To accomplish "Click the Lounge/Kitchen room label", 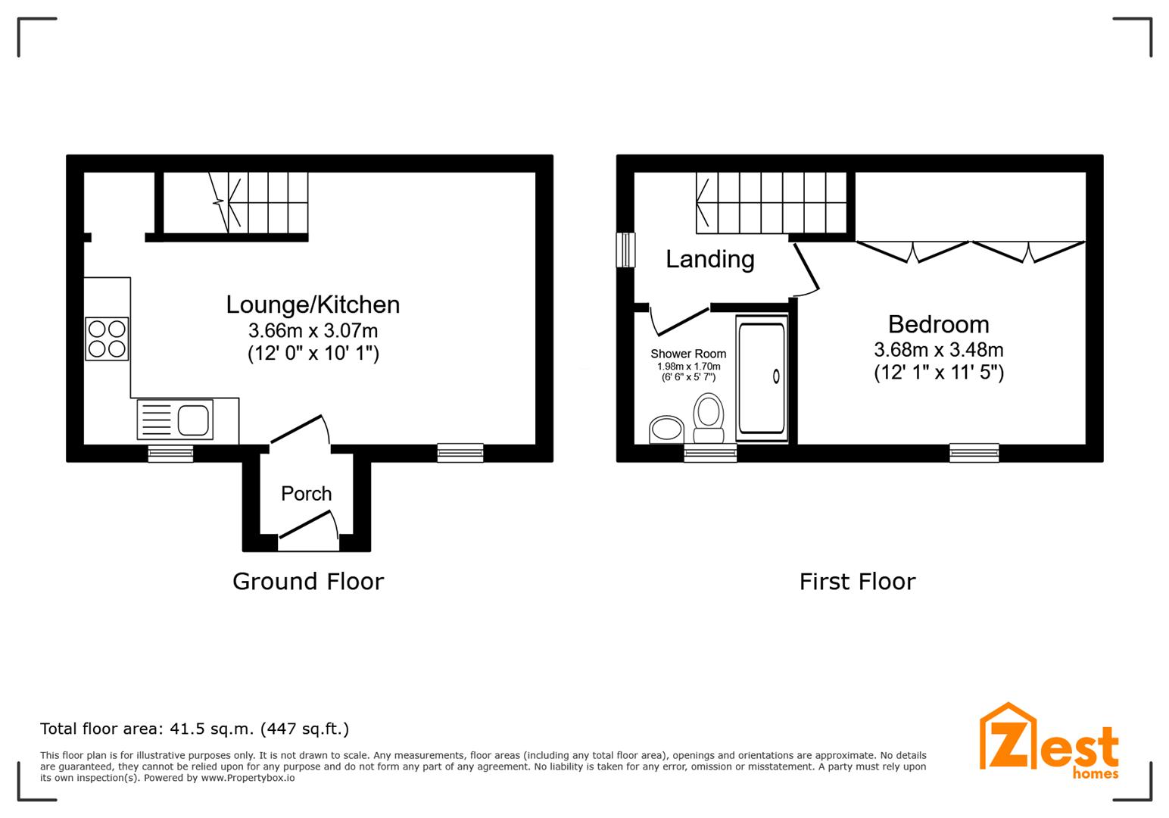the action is pos(313,305).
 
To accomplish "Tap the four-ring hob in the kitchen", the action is pos(107,339).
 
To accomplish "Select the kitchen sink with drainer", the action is pos(175,420).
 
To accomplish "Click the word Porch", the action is pos(307,494).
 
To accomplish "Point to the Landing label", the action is pos(710,260).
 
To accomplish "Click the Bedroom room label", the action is pos(938,324).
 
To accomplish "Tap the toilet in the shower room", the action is pos(709,418).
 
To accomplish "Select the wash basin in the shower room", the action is pos(666,429).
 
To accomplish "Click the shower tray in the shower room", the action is pos(762,379).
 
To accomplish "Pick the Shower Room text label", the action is pos(688,354).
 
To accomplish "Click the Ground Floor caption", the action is pos(308,582).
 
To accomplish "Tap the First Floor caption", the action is pos(857,582).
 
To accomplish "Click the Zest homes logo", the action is pos(1049,742).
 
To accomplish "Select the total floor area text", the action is pos(195,729).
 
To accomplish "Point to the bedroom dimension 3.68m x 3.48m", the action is pos(938,350).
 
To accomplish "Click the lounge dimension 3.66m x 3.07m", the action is pos(313,330).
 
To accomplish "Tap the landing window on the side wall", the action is pos(625,250).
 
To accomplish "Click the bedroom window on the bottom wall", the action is pos(974,453).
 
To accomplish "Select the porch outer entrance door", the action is pos(309,524).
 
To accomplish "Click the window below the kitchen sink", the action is pos(170,454).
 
